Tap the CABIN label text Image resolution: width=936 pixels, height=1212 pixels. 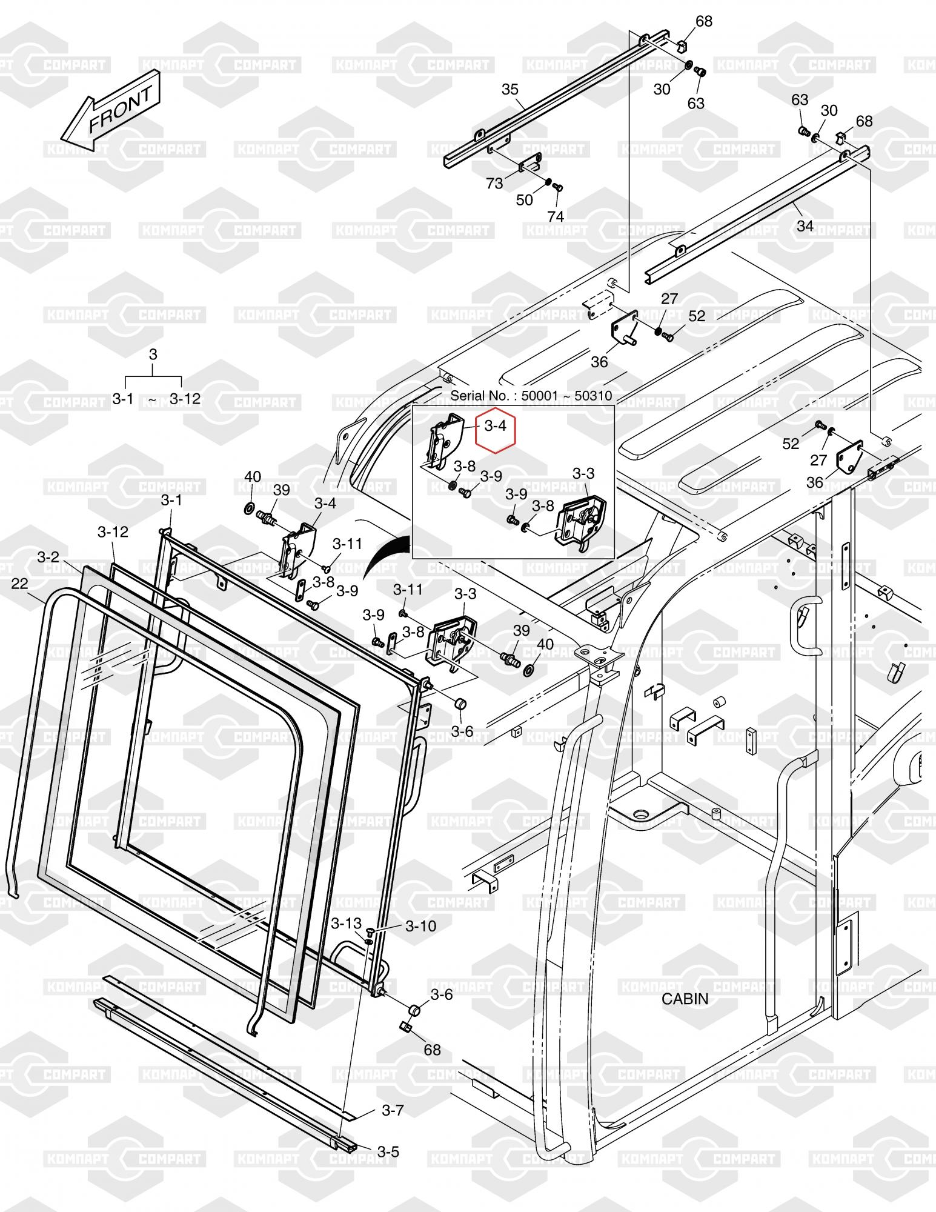tap(685, 998)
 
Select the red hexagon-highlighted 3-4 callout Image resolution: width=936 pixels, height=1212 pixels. tap(495, 425)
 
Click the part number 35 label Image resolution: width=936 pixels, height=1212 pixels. tap(510, 90)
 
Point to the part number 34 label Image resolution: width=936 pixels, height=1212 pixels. tap(805, 226)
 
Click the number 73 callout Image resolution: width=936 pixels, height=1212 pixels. tap(494, 183)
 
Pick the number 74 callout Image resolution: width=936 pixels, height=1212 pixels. tap(555, 216)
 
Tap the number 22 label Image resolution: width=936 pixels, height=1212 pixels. tap(19, 583)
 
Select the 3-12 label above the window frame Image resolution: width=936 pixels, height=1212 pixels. tap(113, 531)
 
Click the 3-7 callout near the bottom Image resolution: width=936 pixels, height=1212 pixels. tap(393, 1110)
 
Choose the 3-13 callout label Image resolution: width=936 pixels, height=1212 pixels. tap(345, 924)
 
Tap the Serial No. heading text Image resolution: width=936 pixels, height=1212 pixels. tap(531, 396)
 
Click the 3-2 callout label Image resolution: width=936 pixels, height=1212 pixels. tap(48, 556)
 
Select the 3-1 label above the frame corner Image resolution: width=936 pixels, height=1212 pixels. tap(171, 500)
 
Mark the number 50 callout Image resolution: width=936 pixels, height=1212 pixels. tap(524, 200)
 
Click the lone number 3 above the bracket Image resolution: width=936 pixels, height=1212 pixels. tap(153, 355)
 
